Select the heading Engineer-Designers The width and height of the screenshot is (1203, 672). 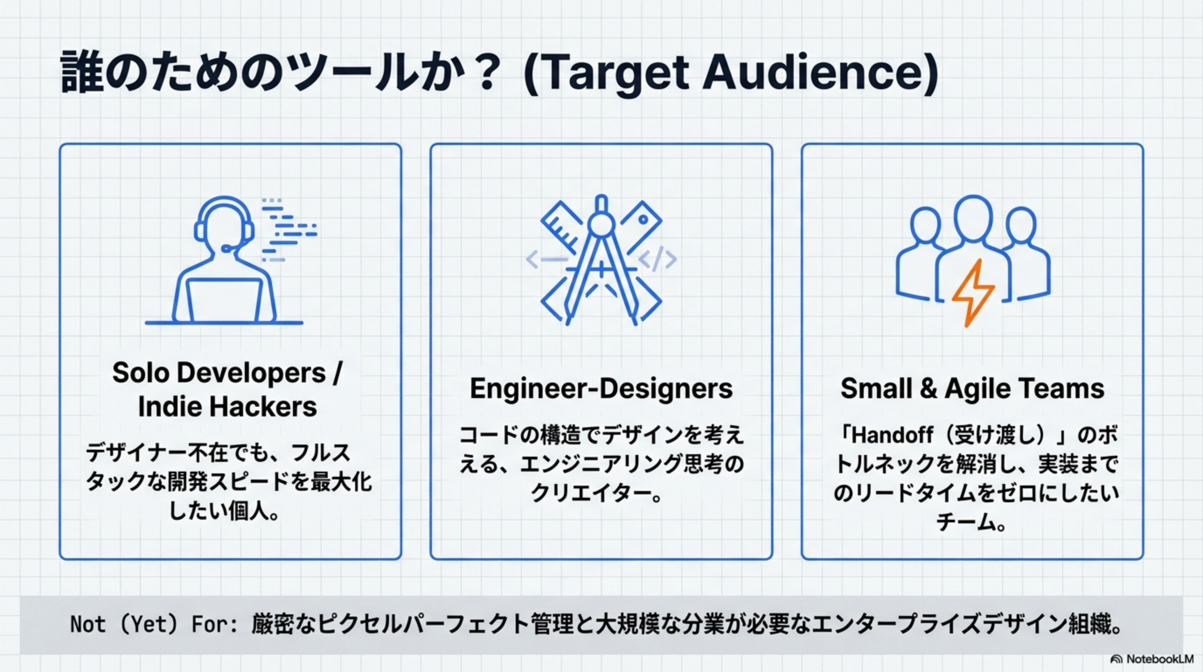tap(601, 388)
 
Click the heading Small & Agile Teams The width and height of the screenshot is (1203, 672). tap(972, 388)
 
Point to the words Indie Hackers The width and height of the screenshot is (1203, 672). tap(227, 406)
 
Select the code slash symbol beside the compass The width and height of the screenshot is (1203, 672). tap(658, 259)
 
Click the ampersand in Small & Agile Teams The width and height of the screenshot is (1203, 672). tap(928, 388)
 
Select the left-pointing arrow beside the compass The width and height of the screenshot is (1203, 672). tap(546, 259)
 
